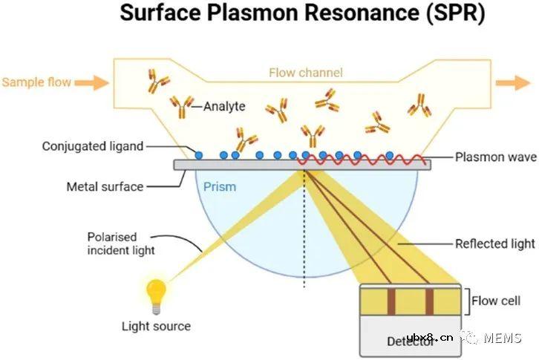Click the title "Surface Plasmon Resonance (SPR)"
(x=301, y=14)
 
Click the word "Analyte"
(x=224, y=107)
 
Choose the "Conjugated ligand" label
(x=93, y=146)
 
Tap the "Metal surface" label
(x=105, y=186)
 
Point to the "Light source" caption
(x=156, y=326)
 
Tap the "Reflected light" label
(x=494, y=243)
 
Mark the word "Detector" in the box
(x=409, y=342)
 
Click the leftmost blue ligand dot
(x=198, y=155)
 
